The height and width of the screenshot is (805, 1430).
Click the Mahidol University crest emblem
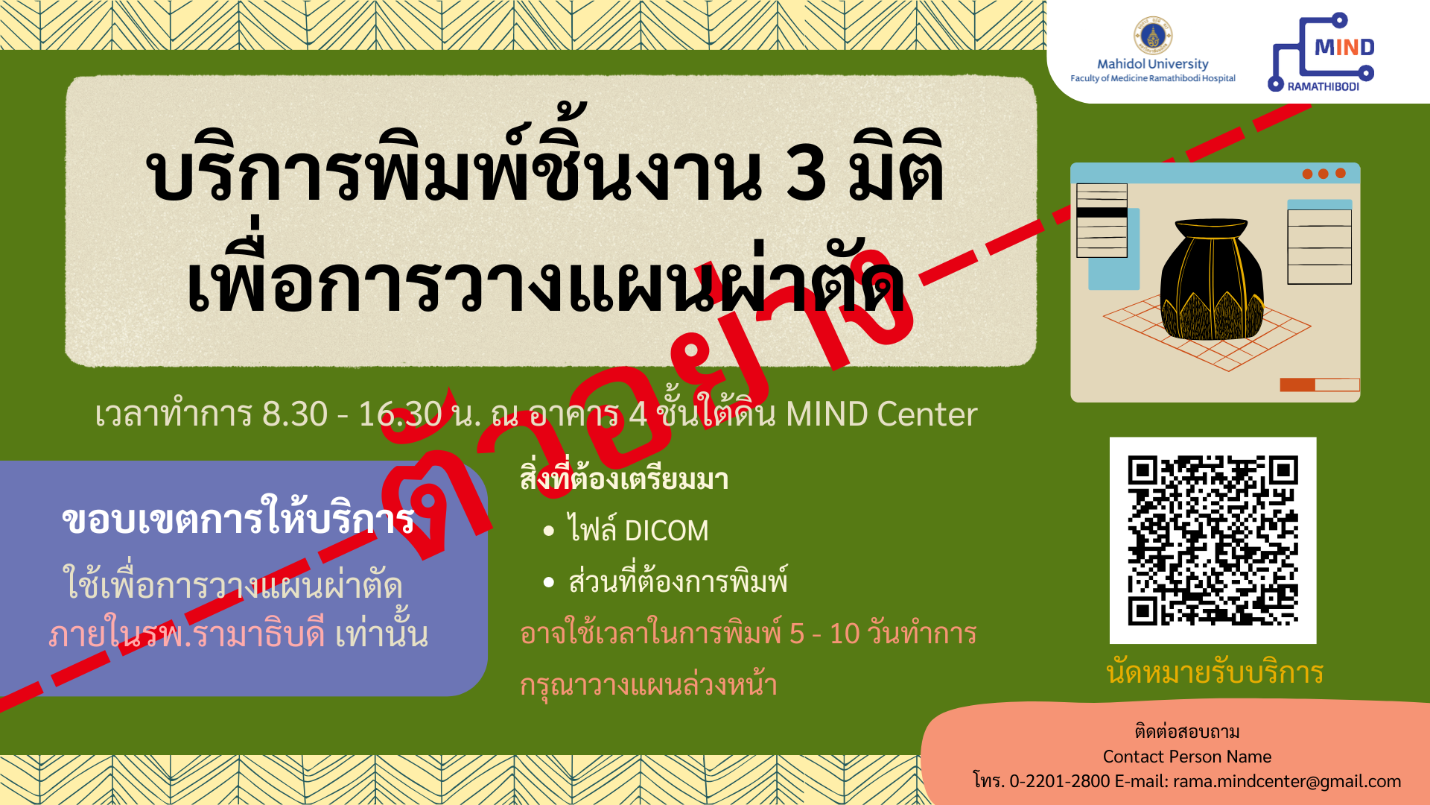1153,36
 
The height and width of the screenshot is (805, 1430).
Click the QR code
1213,540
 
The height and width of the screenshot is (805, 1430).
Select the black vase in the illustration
1211,279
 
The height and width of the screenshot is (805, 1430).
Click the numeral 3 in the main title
806,173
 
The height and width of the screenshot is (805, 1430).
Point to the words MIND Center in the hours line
881,414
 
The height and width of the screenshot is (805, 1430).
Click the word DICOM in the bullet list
667,531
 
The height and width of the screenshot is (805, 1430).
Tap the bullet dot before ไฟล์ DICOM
549,531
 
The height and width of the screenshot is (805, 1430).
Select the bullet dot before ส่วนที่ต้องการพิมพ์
549,582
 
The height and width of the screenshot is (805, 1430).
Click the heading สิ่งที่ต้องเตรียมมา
624,478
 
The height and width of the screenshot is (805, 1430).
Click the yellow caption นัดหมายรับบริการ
1215,672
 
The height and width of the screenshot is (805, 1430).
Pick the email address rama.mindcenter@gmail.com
1287,781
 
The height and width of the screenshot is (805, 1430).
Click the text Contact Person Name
1187,757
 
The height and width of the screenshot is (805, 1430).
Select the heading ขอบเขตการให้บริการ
238,519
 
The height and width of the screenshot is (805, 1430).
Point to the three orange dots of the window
1323,174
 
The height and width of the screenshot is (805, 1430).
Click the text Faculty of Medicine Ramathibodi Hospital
1153,78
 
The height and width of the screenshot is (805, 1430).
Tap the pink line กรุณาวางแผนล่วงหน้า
648,684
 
